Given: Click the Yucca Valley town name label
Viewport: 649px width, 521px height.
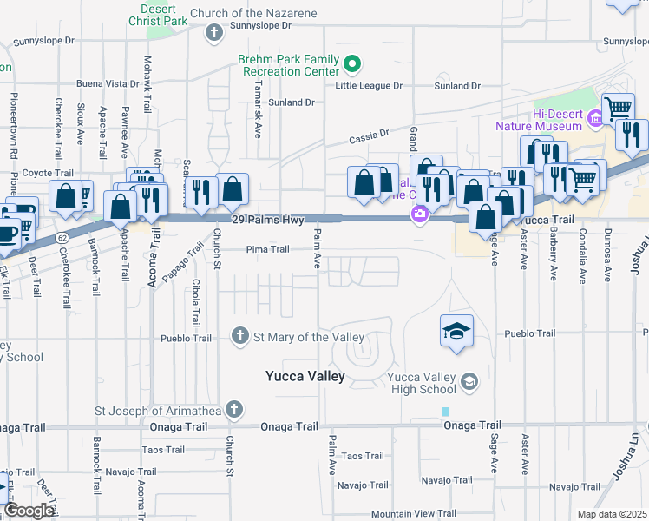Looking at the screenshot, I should pos(305,377).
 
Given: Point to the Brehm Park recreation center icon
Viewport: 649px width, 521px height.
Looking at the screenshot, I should pos(352,64).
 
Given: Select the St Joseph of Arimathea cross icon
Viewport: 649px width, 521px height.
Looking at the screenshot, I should pos(233,409).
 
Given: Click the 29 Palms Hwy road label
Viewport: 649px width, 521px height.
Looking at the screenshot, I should pos(269,221).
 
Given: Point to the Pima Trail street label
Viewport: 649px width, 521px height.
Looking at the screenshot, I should pos(268,250).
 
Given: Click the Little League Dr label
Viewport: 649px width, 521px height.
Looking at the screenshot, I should pos(370,86).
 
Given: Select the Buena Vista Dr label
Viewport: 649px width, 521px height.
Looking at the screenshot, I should pos(108,84).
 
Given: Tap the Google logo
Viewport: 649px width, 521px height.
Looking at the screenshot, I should pos(29,510).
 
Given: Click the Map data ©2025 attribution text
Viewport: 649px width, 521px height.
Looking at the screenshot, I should pos(612,514).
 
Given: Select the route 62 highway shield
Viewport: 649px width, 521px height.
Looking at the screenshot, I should pos(62,236).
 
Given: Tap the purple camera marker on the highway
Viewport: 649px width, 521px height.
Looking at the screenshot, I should pos(420,214).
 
